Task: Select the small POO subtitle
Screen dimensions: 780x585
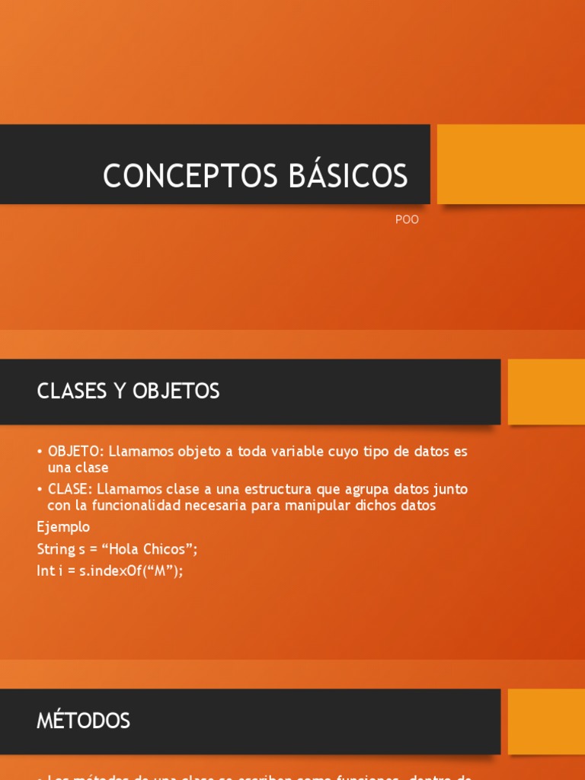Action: click(408, 220)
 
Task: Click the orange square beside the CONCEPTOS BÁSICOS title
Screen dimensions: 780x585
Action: click(510, 164)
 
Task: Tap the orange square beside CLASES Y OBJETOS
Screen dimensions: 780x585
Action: click(545, 392)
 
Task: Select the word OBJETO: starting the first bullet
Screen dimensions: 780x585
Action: click(76, 452)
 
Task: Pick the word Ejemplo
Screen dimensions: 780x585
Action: click(63, 527)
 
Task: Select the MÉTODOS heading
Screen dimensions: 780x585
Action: click(84, 721)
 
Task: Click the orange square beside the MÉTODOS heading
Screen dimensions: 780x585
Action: click(545, 721)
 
